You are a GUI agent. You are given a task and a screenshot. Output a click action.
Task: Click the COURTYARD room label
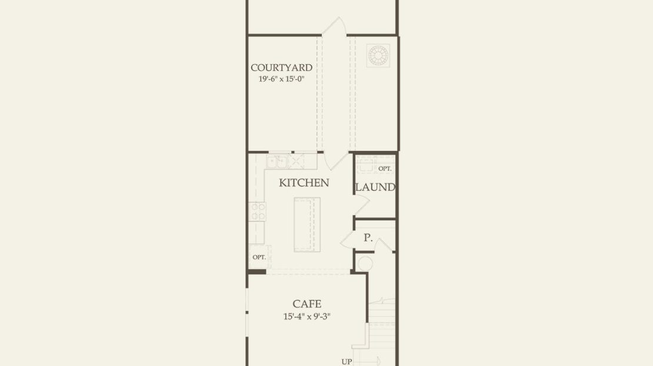pos(282,68)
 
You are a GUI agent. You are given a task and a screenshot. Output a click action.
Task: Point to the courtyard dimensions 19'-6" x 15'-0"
pos(282,79)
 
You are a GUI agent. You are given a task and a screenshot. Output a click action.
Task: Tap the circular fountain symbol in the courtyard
pos(378,55)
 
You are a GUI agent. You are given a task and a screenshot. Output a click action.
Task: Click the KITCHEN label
pos(304,183)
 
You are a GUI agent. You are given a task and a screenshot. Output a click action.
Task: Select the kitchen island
pos(307,224)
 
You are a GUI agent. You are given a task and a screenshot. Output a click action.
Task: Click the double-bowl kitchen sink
pos(277,162)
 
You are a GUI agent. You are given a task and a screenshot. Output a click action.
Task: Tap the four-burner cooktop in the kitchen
pos(257,211)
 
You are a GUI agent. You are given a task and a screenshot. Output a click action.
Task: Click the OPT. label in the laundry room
pos(385,169)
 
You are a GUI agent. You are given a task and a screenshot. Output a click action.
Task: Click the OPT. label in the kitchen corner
pos(259,257)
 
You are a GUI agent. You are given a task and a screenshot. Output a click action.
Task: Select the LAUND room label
pos(375,187)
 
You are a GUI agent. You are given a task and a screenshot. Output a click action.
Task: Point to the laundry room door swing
pos(361,204)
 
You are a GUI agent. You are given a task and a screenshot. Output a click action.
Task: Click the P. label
pos(368,238)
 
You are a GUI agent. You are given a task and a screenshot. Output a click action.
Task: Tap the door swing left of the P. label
pos(348,240)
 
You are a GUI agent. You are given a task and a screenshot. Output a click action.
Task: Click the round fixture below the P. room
pos(365,264)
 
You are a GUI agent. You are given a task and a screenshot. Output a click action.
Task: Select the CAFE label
pos(307,304)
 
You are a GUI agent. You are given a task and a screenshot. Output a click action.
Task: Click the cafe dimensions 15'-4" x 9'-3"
pos(307,317)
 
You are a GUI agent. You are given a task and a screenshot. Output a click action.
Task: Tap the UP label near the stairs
pos(347,362)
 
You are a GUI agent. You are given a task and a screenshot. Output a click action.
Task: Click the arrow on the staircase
pos(367,361)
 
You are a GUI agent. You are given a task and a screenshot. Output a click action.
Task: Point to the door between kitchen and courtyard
pos(336,161)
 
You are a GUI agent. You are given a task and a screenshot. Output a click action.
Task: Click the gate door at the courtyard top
pos(334,26)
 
